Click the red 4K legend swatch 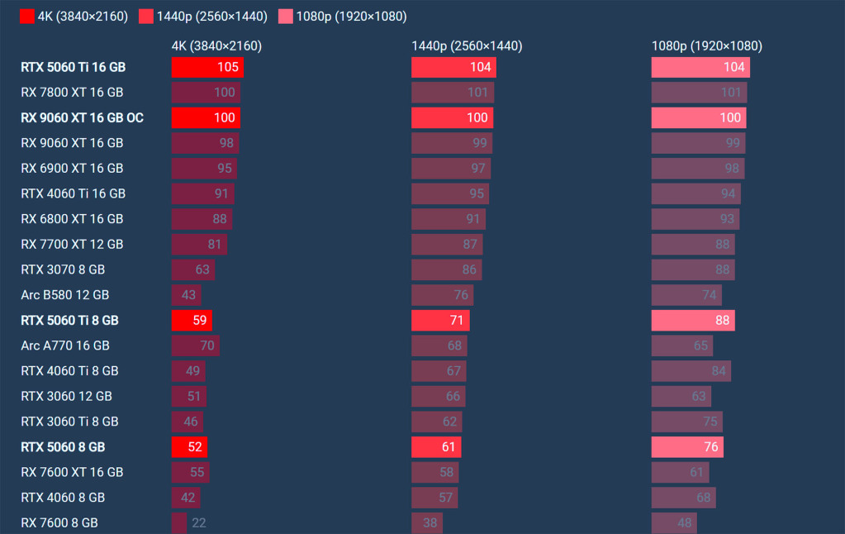point(26,17)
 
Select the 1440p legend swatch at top point(146,17)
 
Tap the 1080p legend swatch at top point(285,17)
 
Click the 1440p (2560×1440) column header point(467,46)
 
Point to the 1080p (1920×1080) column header point(707,46)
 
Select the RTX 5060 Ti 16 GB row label point(74,67)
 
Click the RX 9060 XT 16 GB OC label point(82,117)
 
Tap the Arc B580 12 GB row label point(65,294)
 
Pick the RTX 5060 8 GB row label point(63,446)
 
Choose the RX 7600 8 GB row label point(59,522)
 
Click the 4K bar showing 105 point(207,67)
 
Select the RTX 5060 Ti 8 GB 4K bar point(192,320)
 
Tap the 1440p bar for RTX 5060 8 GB point(436,446)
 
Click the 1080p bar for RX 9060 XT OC point(698,117)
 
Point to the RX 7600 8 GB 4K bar point(179,522)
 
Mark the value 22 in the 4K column point(198,522)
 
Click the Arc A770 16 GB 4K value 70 point(207,346)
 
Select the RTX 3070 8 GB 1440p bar point(446,269)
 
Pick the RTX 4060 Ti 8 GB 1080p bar point(691,370)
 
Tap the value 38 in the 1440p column point(430,522)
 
